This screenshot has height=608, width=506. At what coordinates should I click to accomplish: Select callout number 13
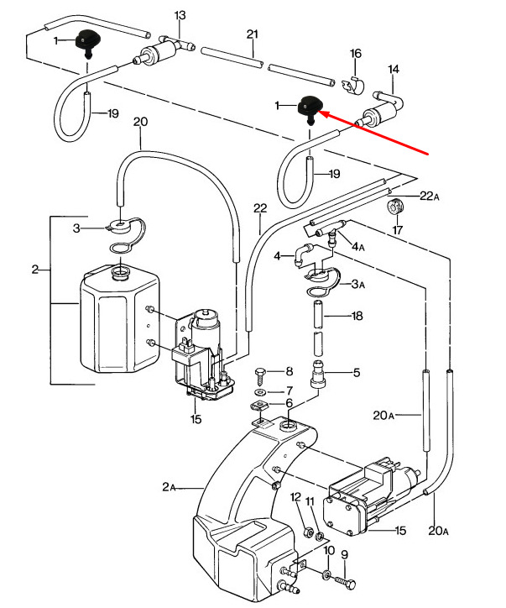[x=180, y=16]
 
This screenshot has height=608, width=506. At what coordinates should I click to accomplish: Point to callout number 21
[x=253, y=34]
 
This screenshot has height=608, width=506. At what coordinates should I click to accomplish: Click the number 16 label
[x=356, y=54]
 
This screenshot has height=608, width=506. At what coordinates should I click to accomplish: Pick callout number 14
[x=394, y=69]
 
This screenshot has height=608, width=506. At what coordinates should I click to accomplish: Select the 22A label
[x=429, y=196]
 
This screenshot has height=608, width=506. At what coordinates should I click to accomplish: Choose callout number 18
[x=357, y=317]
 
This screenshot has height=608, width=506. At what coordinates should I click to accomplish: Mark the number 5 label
[x=356, y=373]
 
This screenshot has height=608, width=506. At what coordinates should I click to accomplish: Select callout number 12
[x=295, y=497]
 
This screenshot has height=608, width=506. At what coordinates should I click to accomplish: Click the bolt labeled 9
[x=343, y=581]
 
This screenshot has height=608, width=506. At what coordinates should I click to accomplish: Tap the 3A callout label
[x=358, y=285]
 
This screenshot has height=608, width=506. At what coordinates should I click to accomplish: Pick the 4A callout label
[x=358, y=246]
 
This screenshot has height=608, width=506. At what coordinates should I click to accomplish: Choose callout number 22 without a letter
[x=260, y=208]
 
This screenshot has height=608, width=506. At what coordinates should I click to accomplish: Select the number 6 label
[x=290, y=403]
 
